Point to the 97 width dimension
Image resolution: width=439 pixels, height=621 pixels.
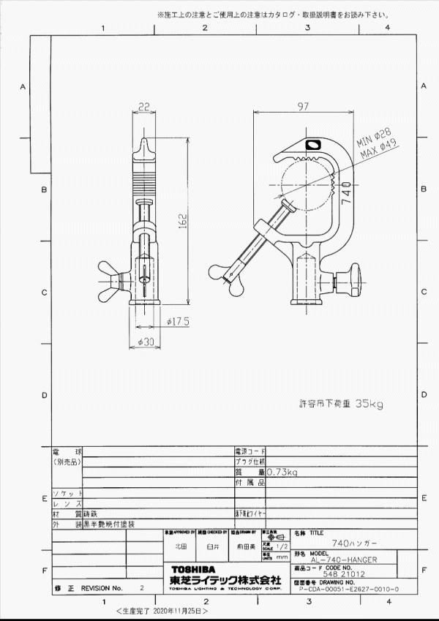[x=303, y=108]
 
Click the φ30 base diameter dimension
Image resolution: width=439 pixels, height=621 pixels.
[x=147, y=343]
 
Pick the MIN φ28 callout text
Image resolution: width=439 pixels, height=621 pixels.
[x=372, y=137]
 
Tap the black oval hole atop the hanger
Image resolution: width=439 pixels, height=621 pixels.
[x=314, y=145]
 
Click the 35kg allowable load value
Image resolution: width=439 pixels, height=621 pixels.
[x=369, y=402]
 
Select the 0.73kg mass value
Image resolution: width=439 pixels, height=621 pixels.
[x=282, y=473]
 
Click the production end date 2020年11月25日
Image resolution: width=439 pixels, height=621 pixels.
[x=179, y=609]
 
